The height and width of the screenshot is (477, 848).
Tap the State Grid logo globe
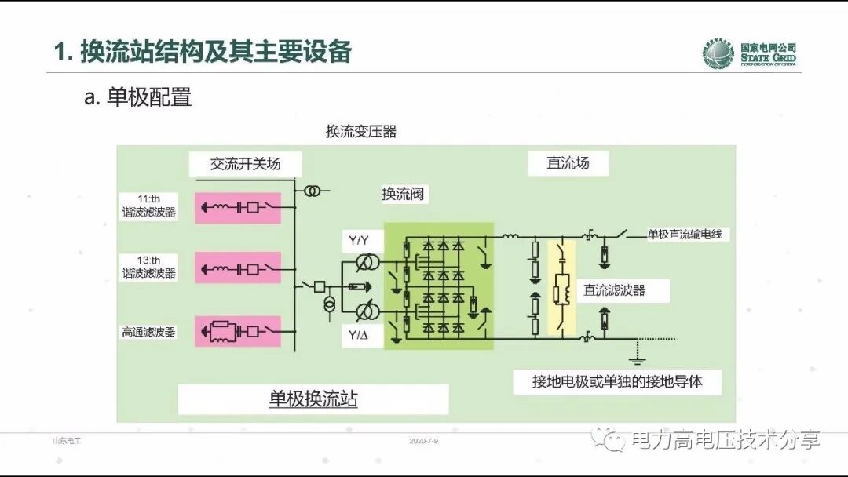718,53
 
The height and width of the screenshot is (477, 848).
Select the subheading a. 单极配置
138,98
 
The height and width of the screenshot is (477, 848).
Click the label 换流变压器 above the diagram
361,132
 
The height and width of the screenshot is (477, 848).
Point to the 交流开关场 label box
245,164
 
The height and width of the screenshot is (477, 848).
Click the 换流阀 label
403,194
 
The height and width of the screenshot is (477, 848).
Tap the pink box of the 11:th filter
238,208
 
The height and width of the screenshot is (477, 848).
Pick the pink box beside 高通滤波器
238,331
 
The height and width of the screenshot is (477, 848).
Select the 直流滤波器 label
614,289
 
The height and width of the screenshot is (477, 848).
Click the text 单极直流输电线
689,234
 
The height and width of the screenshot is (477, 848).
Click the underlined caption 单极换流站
313,399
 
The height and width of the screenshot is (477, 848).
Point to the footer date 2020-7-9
423,441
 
